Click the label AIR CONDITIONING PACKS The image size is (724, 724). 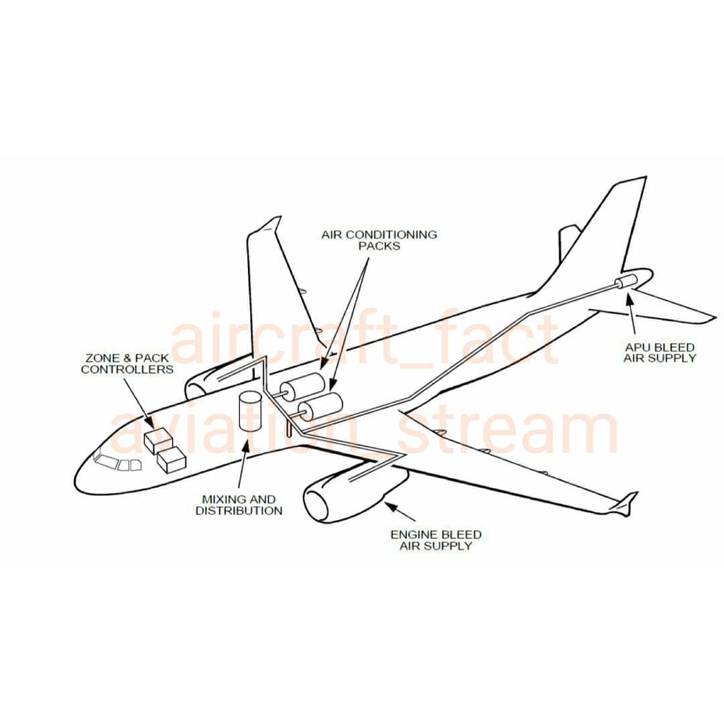tap(379, 240)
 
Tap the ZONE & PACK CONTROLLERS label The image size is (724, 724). tap(127, 363)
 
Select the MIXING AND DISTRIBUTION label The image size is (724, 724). tap(239, 505)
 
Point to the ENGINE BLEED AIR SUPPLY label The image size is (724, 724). tap(436, 540)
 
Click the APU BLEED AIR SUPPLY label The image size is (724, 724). tap(660, 353)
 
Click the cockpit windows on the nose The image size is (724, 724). tap(117, 463)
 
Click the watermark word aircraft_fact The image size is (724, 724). tap(365, 339)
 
